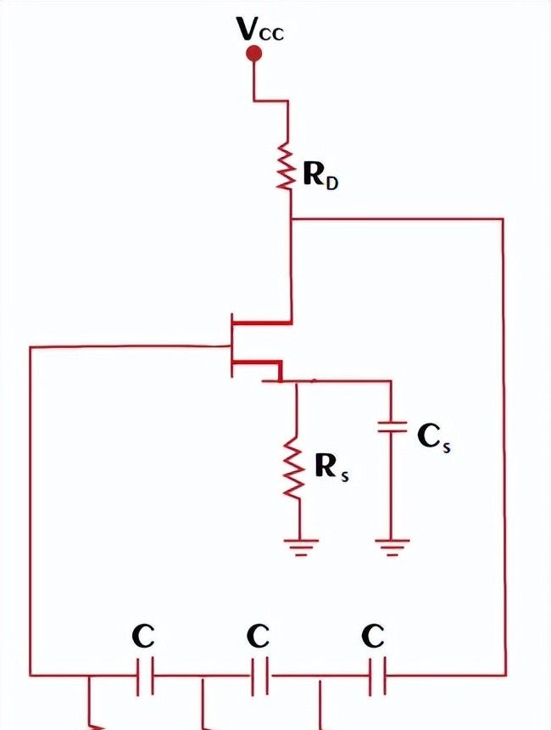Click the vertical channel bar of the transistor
(x=231, y=345)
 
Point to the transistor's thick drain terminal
(x=262, y=323)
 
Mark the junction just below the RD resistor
(x=291, y=219)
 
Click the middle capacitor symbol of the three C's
(x=259, y=677)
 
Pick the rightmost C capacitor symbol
(x=375, y=677)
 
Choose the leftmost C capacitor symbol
(x=145, y=677)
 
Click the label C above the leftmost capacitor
(x=143, y=636)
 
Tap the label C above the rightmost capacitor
(x=373, y=636)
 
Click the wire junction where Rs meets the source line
(x=296, y=382)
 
